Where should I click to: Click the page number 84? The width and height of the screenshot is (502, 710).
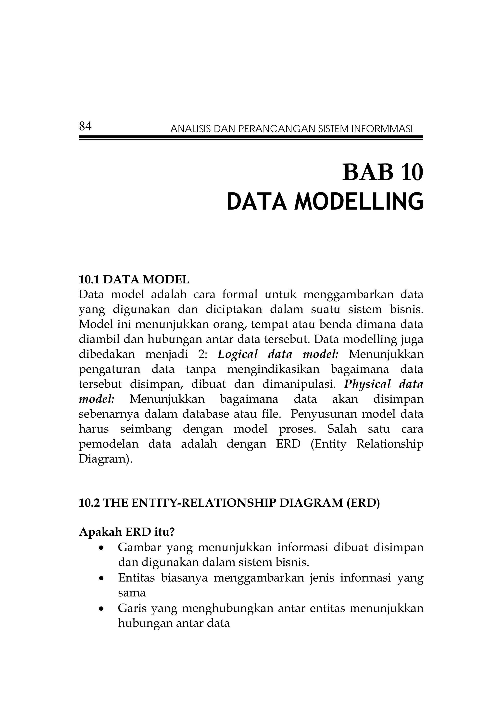coord(85,127)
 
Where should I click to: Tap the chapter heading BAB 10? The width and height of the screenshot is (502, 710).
coord(382,173)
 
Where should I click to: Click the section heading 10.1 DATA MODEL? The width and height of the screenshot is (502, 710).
coord(134,279)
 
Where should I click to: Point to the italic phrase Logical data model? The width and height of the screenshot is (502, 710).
coord(278,354)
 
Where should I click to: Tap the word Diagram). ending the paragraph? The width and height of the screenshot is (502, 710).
coord(106,459)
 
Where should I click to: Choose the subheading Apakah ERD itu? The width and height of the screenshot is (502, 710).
coord(127,532)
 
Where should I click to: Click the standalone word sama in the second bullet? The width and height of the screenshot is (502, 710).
coord(132,593)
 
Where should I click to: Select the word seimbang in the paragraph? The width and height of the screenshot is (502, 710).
coord(145,429)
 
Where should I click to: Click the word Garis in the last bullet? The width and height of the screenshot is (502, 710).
coord(131,608)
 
